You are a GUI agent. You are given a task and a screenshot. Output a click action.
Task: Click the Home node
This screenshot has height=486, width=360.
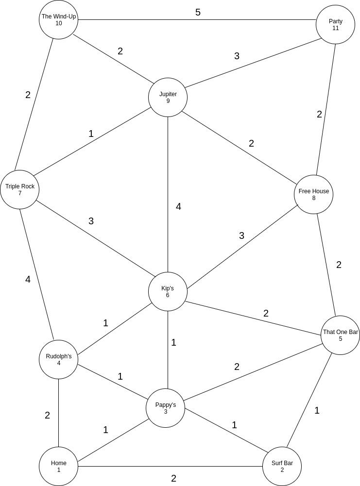click(x=58, y=466)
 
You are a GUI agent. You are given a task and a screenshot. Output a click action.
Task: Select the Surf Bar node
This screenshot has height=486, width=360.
click(x=282, y=466)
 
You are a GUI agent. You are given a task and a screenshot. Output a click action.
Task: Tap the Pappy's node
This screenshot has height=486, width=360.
click(x=165, y=408)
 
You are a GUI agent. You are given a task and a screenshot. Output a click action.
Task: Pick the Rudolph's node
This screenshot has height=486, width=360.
click(x=58, y=359)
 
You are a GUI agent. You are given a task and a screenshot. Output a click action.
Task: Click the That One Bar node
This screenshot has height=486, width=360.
click(x=340, y=335)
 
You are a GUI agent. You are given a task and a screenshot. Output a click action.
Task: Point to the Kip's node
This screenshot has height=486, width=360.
click(x=168, y=291)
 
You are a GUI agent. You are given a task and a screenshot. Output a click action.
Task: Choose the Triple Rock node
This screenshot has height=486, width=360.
click(x=19, y=189)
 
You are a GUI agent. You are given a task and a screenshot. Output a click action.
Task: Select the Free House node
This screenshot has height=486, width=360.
click(x=313, y=194)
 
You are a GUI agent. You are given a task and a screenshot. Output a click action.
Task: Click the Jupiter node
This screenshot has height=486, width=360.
click(x=168, y=97)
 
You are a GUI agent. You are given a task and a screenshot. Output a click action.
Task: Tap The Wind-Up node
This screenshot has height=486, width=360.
click(x=58, y=19)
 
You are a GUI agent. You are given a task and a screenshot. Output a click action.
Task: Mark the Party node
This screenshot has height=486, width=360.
click(x=335, y=24)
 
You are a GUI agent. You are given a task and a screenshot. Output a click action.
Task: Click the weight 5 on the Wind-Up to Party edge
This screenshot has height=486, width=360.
click(x=198, y=12)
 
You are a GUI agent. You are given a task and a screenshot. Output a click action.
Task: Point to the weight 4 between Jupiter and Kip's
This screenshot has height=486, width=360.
click(x=178, y=206)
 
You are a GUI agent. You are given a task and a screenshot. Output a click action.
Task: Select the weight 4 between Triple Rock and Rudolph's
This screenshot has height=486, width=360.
click(x=28, y=279)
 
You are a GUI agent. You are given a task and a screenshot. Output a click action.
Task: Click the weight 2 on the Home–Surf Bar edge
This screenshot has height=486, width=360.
click(x=173, y=478)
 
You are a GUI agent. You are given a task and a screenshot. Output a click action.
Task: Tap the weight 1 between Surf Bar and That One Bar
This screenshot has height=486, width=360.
click(x=317, y=410)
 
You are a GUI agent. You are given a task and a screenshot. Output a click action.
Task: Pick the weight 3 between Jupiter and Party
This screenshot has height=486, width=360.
click(x=237, y=56)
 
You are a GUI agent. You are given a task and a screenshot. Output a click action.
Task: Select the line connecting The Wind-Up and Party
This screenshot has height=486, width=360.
click(x=146, y=20)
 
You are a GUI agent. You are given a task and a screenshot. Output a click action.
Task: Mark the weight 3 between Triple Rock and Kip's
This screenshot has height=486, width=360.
click(x=91, y=221)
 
